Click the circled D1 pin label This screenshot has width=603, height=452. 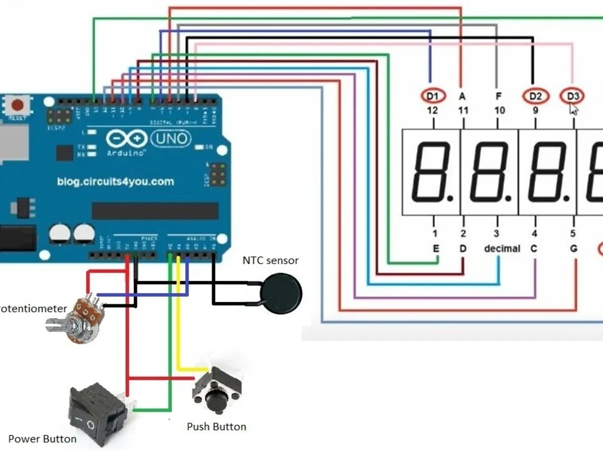point(432,96)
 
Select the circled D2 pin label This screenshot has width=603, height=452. point(535,96)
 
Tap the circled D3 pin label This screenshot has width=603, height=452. point(572,96)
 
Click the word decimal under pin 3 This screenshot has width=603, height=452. point(502,248)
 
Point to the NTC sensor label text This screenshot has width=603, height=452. point(271,260)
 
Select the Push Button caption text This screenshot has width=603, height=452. point(216,427)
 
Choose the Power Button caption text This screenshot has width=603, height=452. point(42,439)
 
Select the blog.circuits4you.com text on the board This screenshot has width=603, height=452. point(115,181)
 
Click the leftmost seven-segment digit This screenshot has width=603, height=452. point(431,172)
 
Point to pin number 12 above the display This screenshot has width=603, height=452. point(432,111)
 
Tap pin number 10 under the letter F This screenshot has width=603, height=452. point(499,111)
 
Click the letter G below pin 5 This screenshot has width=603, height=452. point(573,248)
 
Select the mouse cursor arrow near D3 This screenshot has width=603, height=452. point(573,109)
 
